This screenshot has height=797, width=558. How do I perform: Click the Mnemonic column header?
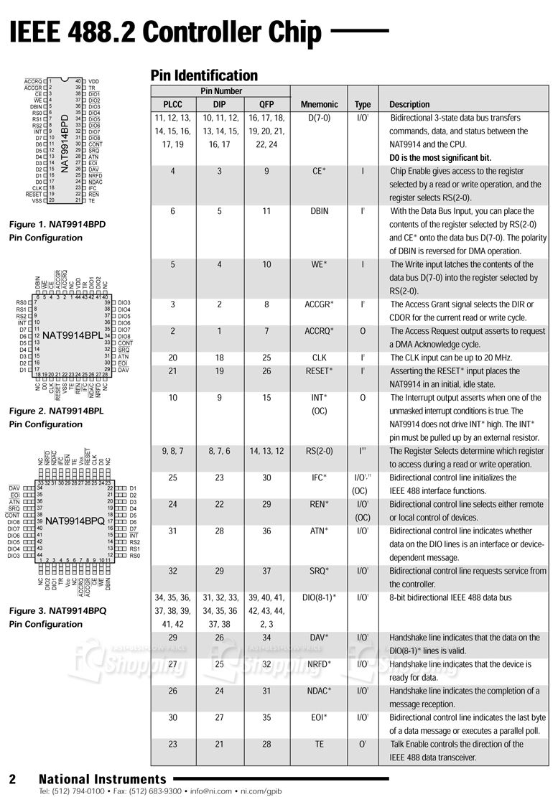[x=319, y=105]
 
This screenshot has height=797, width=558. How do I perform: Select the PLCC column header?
[x=172, y=105]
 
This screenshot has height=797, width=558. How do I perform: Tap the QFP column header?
[x=266, y=105]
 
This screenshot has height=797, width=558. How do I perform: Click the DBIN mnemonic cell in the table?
[x=319, y=212]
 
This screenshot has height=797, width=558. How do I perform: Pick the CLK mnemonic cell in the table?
[x=319, y=358]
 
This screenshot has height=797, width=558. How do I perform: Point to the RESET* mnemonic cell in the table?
[x=319, y=371]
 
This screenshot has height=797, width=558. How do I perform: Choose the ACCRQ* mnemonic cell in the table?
[x=319, y=331]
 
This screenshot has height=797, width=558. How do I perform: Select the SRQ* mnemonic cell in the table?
[x=319, y=571]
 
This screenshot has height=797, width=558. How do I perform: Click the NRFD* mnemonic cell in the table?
[x=319, y=664]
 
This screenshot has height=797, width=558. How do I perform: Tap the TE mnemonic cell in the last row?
[x=319, y=745]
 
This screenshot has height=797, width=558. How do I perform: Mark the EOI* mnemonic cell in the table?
[x=319, y=717]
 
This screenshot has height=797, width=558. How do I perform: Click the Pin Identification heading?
[x=203, y=75]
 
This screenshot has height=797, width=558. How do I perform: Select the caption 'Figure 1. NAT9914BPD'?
[x=57, y=225]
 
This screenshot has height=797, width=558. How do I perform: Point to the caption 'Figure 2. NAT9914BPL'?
[x=56, y=411]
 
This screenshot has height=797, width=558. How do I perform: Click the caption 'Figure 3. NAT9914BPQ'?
[x=57, y=611]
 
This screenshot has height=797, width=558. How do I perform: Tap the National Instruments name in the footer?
[x=102, y=779]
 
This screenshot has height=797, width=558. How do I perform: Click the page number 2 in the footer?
[x=12, y=780]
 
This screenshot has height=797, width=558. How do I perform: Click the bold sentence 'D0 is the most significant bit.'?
[x=440, y=158]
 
